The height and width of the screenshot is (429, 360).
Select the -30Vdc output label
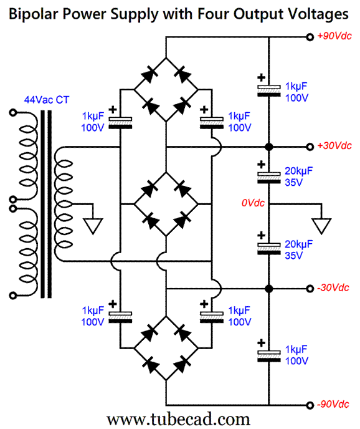point(333,288)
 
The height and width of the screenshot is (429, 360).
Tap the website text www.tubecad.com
point(179,418)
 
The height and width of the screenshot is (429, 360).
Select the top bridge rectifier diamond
point(166,90)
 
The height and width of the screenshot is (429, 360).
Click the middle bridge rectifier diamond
point(166,203)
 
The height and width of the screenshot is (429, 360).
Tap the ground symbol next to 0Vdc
point(322,224)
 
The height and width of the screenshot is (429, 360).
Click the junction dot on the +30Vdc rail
point(268,147)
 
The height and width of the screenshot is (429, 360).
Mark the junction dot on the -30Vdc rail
point(268,289)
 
